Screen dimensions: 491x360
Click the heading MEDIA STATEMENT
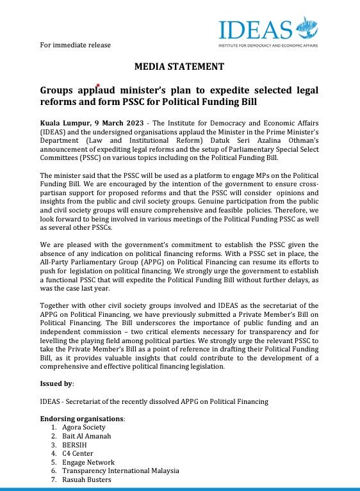pos(179,66)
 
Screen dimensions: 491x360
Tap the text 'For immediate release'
pos(75,45)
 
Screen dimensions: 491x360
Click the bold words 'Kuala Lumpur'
pos(65,122)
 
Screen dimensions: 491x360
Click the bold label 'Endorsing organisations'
pos(82,418)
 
